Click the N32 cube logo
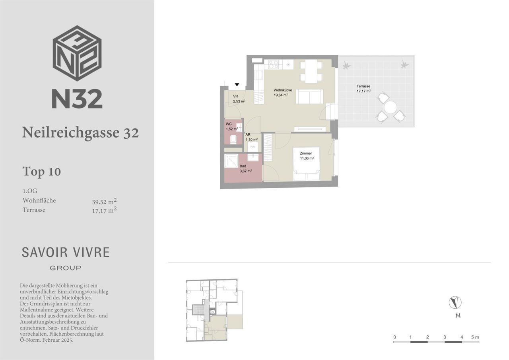[77, 53]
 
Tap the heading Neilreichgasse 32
[80, 132]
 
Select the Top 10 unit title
[42, 171]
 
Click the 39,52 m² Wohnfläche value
[104, 201]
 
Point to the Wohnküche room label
[283, 90]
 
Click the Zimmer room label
[306, 153]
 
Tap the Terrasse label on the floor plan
[363, 86]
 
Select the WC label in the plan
[229, 124]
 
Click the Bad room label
[243, 166]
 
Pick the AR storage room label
[248, 134]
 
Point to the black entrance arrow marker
[237, 85]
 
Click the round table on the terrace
[390, 107]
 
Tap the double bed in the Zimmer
[306, 164]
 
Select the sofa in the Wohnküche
[309, 97]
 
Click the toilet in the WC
[233, 139]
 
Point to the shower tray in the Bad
[231, 161]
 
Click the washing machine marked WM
[253, 147]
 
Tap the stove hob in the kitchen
[274, 64]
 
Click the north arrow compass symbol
[455, 302]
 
